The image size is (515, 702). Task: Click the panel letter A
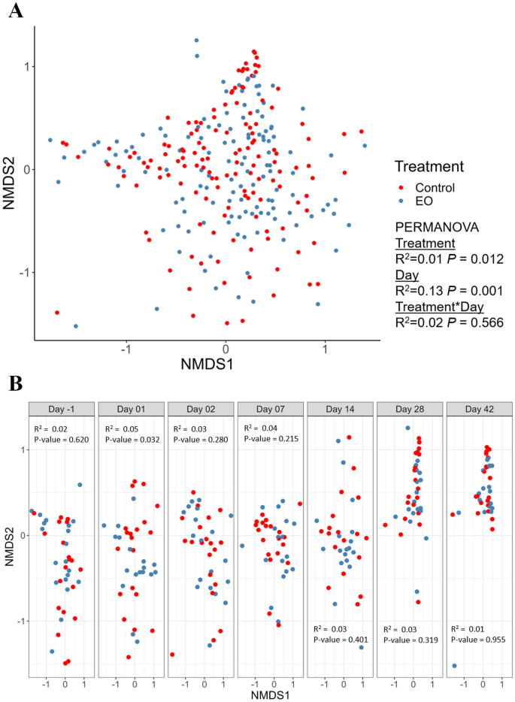point(12,11)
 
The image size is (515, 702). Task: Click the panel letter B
point(13,383)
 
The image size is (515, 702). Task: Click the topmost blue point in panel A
point(196,41)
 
